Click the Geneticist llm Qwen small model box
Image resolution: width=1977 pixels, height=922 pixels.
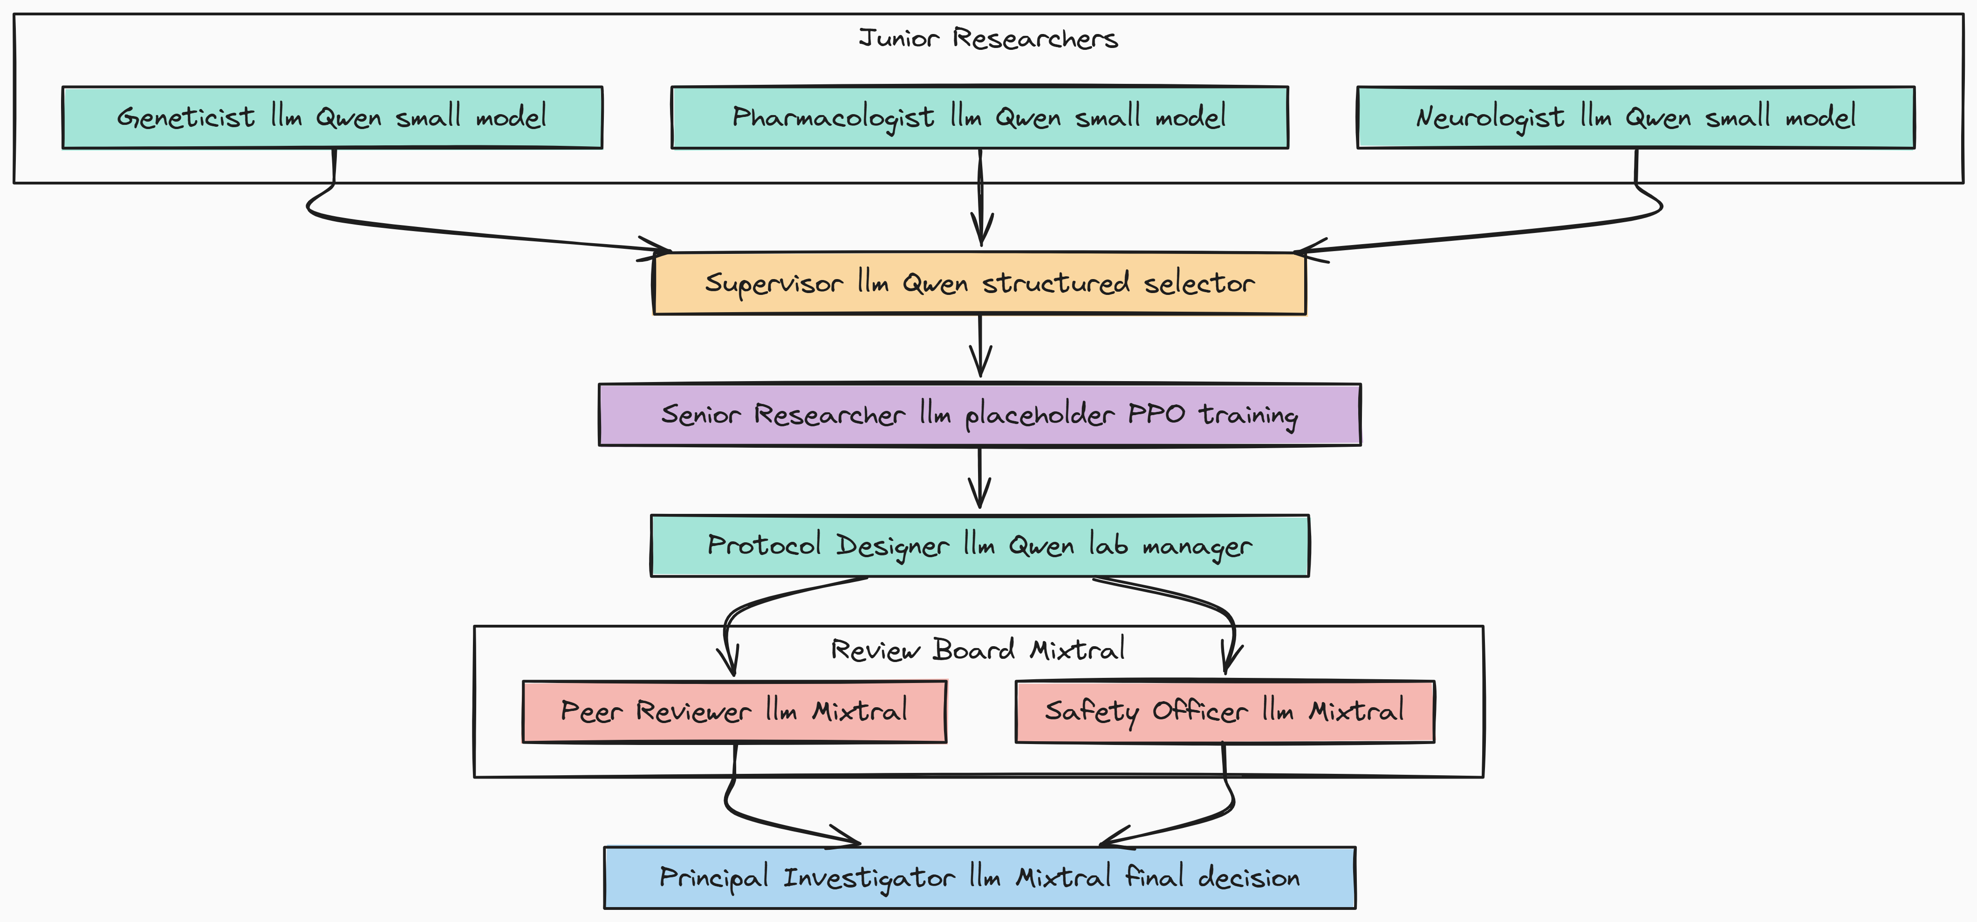(332, 117)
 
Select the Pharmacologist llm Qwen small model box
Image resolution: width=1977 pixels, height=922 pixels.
(979, 117)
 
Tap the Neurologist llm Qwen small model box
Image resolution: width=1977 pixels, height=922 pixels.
(1635, 117)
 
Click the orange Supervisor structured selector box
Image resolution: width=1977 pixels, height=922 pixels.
(979, 283)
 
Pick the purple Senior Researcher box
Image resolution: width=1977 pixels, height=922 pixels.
(979, 415)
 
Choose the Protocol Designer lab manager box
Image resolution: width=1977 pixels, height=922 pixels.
(979, 546)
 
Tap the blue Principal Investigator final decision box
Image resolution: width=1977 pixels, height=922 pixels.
(979, 877)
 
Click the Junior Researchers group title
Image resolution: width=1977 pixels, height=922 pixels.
(988, 38)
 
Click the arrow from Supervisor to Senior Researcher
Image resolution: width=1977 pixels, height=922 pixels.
(980, 346)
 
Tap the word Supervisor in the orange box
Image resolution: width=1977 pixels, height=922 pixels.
(773, 283)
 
